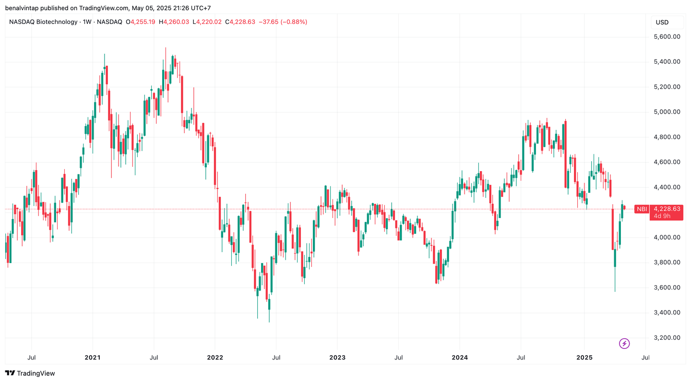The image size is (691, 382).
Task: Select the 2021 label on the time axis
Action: pos(93,358)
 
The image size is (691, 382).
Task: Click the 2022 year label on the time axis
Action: pos(214,358)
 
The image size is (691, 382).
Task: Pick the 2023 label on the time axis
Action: pos(337,358)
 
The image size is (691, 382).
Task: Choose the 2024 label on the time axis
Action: pos(459,358)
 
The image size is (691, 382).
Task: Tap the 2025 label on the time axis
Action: pos(584,358)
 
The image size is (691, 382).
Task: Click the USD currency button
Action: pos(662,22)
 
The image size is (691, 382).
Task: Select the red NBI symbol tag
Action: pos(641,209)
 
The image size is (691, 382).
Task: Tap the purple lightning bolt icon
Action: pos(624,343)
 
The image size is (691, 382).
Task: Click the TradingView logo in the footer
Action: pos(30,373)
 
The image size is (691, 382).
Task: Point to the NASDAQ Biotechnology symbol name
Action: pos(43,22)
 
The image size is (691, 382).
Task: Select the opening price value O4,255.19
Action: pos(140,22)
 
